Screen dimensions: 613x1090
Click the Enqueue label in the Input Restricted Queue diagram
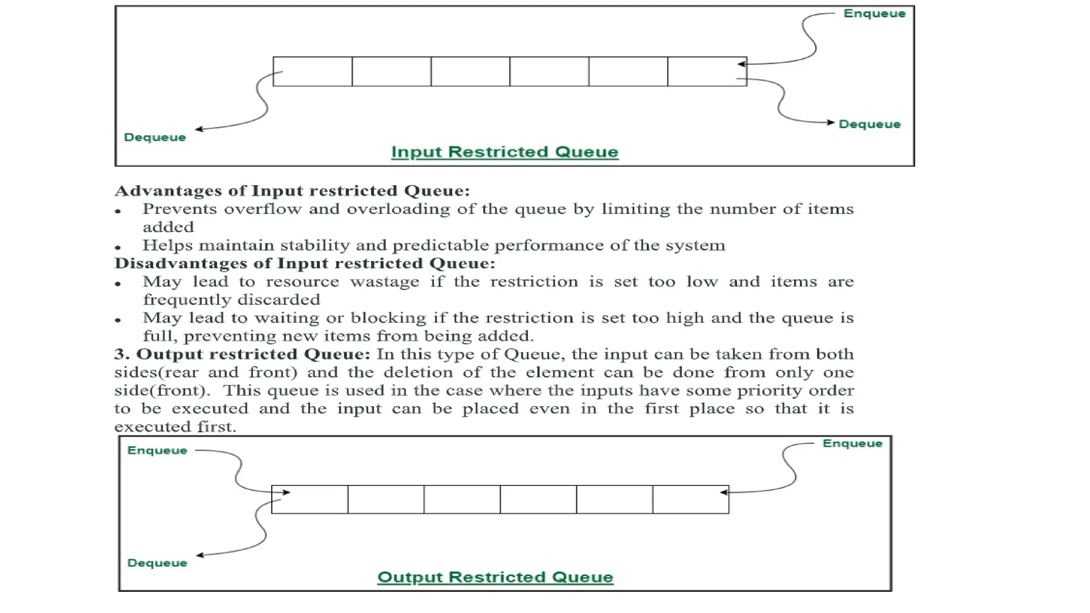(874, 13)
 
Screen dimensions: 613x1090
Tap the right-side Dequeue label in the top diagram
(869, 125)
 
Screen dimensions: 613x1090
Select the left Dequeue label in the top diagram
(155, 137)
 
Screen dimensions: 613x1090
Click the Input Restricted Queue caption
(505, 152)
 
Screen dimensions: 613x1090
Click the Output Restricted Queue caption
(495, 577)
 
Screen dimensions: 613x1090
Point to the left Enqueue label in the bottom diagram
(157, 451)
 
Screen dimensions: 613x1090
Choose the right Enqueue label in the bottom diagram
(852, 444)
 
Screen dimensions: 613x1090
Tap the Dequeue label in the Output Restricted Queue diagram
(157, 563)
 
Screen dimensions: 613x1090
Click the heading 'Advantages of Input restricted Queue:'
(292, 190)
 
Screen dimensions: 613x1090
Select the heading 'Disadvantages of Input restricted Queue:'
(304, 263)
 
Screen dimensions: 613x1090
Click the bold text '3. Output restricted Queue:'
(242, 354)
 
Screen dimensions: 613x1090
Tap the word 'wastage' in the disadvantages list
(384, 281)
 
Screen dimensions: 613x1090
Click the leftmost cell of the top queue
(312, 71)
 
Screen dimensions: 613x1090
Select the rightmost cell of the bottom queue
(690, 499)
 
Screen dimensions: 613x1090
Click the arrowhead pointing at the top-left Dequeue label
(199, 129)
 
